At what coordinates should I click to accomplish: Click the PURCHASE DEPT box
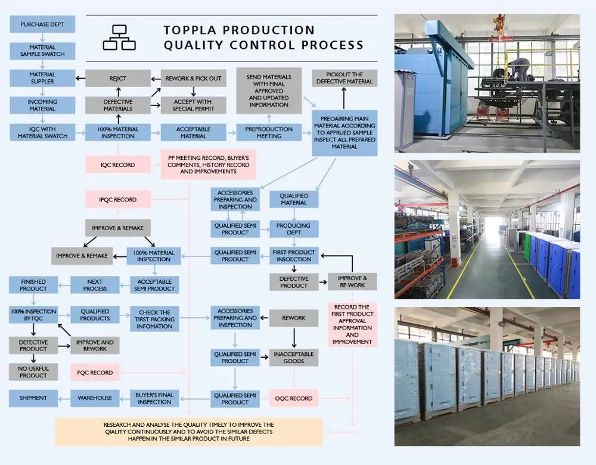pyautogui.click(x=42, y=24)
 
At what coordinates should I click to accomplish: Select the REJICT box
pyautogui.click(x=118, y=78)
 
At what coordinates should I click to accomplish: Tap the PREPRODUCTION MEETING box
pyautogui.click(x=269, y=132)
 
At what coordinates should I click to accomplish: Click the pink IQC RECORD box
pyautogui.click(x=118, y=165)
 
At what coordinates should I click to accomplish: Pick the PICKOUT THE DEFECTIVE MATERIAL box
pyautogui.click(x=344, y=78)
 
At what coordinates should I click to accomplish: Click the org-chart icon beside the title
pyautogui.click(x=119, y=37)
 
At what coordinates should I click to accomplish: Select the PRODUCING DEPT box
pyautogui.click(x=294, y=229)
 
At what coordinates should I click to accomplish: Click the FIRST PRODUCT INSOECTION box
pyautogui.click(x=294, y=256)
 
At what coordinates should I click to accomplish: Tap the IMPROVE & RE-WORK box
pyautogui.click(x=352, y=281)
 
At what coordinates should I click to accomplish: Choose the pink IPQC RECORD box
pyautogui.click(x=118, y=200)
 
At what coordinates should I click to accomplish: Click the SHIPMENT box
pyautogui.click(x=33, y=398)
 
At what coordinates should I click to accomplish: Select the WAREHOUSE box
pyautogui.click(x=95, y=398)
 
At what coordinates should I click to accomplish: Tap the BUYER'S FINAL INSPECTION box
pyautogui.click(x=154, y=398)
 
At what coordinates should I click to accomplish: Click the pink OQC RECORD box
pyautogui.click(x=294, y=398)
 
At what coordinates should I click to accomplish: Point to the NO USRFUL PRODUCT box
pyautogui.click(x=33, y=372)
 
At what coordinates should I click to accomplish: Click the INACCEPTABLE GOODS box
pyautogui.click(x=294, y=357)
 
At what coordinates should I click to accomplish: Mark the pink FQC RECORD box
pyautogui.click(x=95, y=373)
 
